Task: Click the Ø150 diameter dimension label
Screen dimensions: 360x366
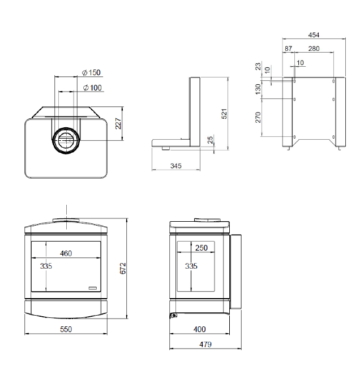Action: tap(91, 72)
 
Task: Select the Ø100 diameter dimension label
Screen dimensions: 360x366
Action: tap(92, 88)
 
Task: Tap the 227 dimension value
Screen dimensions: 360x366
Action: tap(118, 123)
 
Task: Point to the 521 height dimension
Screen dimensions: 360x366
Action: tap(224, 114)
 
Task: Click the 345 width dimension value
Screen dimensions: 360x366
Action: tap(176, 166)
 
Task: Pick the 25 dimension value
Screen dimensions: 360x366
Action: tap(210, 140)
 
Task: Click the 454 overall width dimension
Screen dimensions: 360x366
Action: tap(314, 35)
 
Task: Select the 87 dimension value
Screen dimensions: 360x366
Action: tap(288, 49)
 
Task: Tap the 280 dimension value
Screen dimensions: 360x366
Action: tap(314, 49)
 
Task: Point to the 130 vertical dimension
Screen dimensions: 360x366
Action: tap(258, 89)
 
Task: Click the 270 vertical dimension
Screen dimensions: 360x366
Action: tap(258, 117)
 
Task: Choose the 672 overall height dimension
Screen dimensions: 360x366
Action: tap(123, 269)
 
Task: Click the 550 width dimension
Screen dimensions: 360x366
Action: tap(66, 329)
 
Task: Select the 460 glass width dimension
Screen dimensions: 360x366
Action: tap(66, 253)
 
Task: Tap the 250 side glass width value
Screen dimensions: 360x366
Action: tap(202, 248)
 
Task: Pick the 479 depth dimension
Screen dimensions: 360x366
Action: tap(205, 345)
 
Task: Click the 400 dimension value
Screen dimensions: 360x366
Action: tap(199, 329)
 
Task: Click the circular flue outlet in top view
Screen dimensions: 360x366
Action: tap(66, 140)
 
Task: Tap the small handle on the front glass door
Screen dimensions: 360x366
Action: tap(92, 288)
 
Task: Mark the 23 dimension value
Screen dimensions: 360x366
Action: tap(258, 66)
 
